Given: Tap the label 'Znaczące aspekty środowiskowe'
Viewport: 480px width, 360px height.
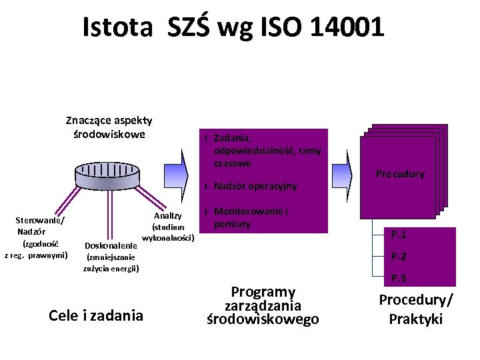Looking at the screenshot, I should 109,127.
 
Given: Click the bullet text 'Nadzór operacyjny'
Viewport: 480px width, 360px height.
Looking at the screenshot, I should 255,186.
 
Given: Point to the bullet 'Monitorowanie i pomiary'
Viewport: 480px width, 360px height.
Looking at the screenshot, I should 251,218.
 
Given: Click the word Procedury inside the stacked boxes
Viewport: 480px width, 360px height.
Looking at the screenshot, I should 400,174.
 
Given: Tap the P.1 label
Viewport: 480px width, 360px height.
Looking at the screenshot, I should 399,235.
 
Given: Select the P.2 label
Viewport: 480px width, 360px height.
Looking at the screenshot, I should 399,257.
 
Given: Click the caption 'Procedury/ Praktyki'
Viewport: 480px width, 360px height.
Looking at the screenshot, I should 415,309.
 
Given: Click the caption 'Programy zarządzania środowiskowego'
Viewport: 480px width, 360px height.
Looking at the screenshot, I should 263,306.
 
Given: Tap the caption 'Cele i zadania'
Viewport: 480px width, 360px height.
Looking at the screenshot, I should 96,315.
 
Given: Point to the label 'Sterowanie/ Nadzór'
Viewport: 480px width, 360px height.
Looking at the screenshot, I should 40,225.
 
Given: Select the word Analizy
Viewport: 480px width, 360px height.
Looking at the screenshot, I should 167,215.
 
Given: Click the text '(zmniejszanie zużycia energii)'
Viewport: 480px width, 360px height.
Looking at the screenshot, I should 111,263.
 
